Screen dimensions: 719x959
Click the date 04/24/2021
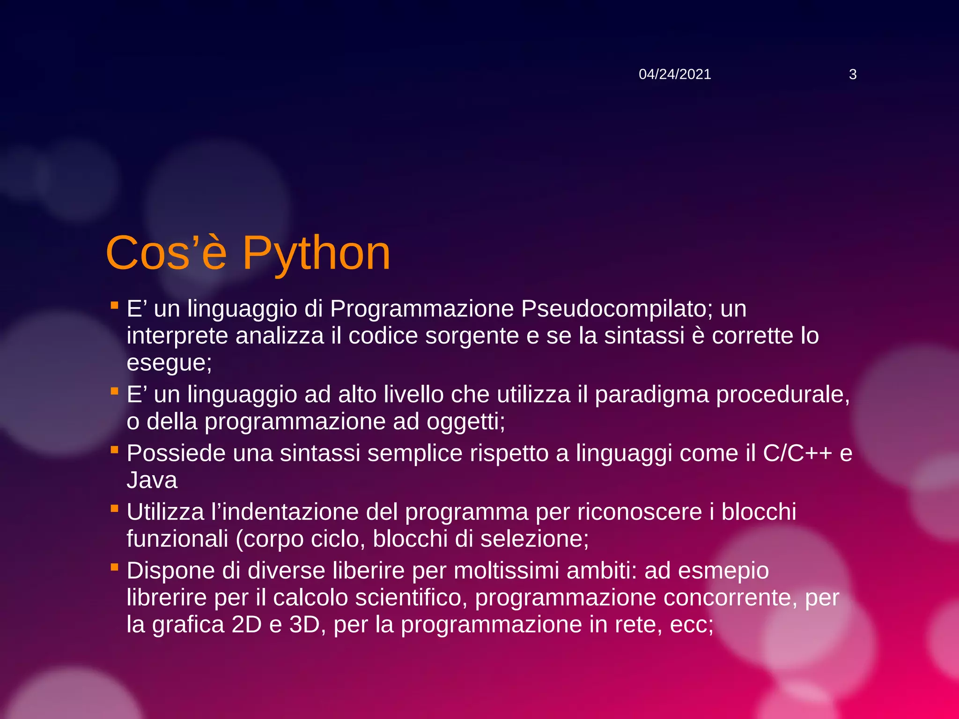pos(674,74)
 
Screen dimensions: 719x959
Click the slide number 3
pos(852,74)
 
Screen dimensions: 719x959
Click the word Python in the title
pos(316,253)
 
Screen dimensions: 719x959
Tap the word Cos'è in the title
pos(166,253)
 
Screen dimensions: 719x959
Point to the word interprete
pos(177,336)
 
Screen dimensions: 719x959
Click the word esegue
pos(167,363)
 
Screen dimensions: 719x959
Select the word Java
pos(152,480)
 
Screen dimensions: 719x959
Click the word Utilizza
pos(165,512)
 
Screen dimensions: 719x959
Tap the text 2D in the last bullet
pos(246,624)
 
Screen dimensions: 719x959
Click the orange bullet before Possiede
pos(114,450)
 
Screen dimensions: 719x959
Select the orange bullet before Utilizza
pos(114,509)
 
